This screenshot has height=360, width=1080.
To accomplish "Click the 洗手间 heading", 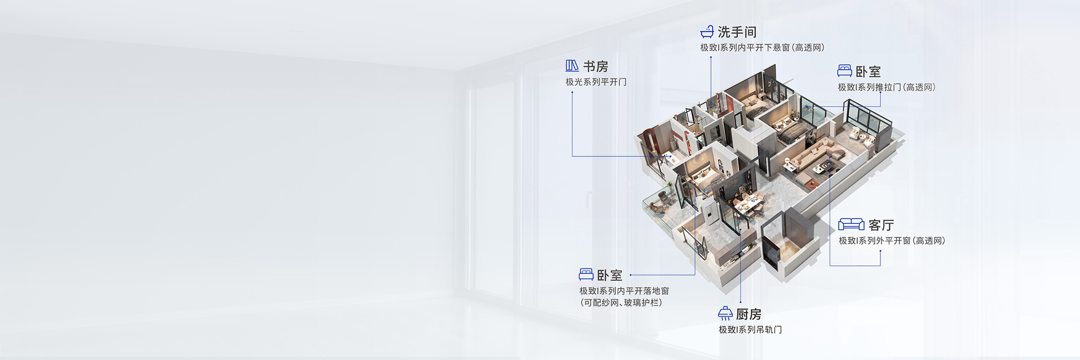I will pos(737,32).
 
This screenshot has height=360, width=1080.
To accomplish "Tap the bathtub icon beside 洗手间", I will pos(706,31).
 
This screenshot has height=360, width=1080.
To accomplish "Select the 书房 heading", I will pos(595,66).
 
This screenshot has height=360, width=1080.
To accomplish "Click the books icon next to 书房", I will pos(572,66).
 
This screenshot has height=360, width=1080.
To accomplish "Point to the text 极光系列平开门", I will pos(596,82).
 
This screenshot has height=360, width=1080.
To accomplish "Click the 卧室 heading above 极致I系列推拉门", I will pos(868,71).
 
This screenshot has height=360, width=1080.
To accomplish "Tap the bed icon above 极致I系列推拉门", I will pos(844,71).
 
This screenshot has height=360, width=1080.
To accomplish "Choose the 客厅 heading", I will pos(881,225).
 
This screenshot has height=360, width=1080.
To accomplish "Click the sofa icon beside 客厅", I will pos(851,224).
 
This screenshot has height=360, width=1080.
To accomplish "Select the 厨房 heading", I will pos(748,314).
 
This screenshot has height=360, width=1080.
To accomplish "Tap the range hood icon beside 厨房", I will pos(725,313).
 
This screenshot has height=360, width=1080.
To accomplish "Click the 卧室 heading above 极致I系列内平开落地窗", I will pos(609,275).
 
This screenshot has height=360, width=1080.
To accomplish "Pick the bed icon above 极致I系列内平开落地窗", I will pos(586,274).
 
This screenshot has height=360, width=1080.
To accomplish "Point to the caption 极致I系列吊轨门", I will pos(750,330).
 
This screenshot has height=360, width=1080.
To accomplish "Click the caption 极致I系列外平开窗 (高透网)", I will pos(892,241).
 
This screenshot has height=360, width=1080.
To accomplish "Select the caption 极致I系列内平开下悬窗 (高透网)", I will pos(762,48).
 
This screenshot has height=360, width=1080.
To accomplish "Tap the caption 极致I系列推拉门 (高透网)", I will pos(886,87).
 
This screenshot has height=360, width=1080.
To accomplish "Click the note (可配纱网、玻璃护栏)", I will pos(620,303).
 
